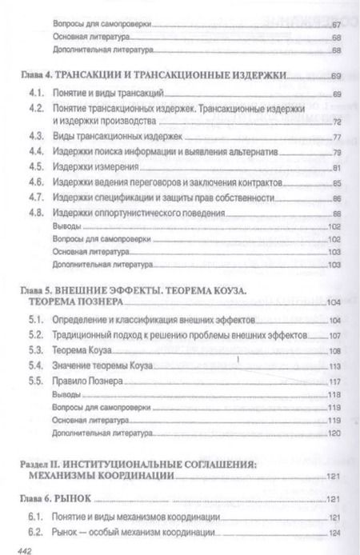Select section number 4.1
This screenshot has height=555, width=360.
pyautogui.click(x=34, y=95)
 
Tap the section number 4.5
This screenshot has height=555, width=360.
pyautogui.click(x=34, y=168)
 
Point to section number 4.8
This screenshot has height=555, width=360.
pyautogui.click(x=34, y=213)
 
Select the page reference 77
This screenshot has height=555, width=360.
pyautogui.click(x=335, y=137)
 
